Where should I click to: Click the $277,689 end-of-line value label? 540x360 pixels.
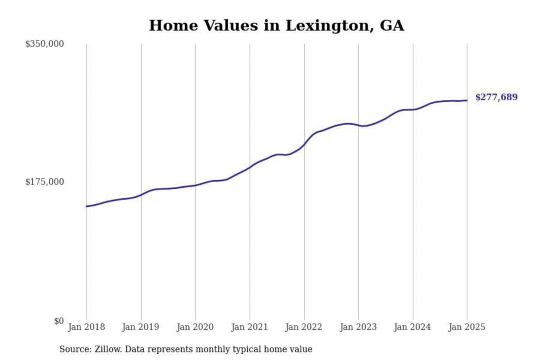click(x=496, y=97)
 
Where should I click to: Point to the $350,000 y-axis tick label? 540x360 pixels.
click(x=45, y=44)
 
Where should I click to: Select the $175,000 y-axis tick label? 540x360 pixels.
click(x=45, y=182)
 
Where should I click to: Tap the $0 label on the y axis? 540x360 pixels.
click(x=59, y=321)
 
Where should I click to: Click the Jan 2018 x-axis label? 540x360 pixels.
click(x=86, y=327)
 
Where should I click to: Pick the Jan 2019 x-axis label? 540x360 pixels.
click(x=141, y=327)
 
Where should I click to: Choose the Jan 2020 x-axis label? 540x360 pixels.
click(x=195, y=327)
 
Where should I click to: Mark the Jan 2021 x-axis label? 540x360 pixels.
click(x=249, y=327)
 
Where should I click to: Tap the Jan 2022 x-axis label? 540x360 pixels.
click(x=304, y=327)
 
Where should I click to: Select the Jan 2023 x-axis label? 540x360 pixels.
click(x=358, y=327)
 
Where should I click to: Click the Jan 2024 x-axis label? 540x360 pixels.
click(x=412, y=327)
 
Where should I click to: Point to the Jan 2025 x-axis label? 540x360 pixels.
click(x=467, y=327)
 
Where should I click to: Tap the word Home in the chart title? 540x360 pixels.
click(x=173, y=26)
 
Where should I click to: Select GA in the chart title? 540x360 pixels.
click(x=392, y=26)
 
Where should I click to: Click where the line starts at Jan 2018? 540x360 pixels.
click(x=87, y=206)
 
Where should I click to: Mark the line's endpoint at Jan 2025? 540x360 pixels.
click(x=467, y=100)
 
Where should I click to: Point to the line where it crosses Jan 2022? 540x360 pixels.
click(x=304, y=144)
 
